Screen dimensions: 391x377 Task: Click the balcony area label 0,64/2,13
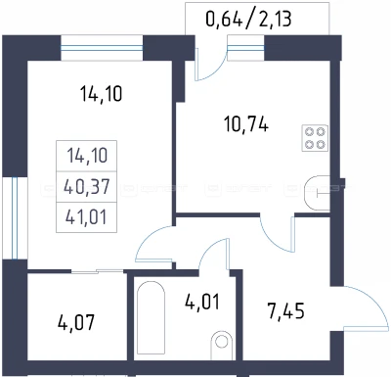click(x=248, y=19)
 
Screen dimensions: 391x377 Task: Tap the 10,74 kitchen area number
click(x=246, y=124)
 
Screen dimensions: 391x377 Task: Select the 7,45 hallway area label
click(x=286, y=310)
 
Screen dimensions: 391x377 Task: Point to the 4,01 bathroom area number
click(x=202, y=302)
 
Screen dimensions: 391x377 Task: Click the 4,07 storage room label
click(x=76, y=322)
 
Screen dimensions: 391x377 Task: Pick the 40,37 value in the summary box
click(x=87, y=187)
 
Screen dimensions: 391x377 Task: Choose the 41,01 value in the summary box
click(x=86, y=217)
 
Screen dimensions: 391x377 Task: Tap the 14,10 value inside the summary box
click(x=87, y=156)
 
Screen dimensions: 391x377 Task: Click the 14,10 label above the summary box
click(x=102, y=94)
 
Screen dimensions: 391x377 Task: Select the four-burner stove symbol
click(x=315, y=138)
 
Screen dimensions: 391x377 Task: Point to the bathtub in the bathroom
click(x=151, y=317)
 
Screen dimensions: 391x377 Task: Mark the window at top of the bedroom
click(x=102, y=48)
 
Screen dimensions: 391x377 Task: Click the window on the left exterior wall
click(x=14, y=218)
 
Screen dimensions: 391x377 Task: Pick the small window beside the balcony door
click(x=245, y=48)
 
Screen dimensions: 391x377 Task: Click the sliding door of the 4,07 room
click(x=97, y=271)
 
